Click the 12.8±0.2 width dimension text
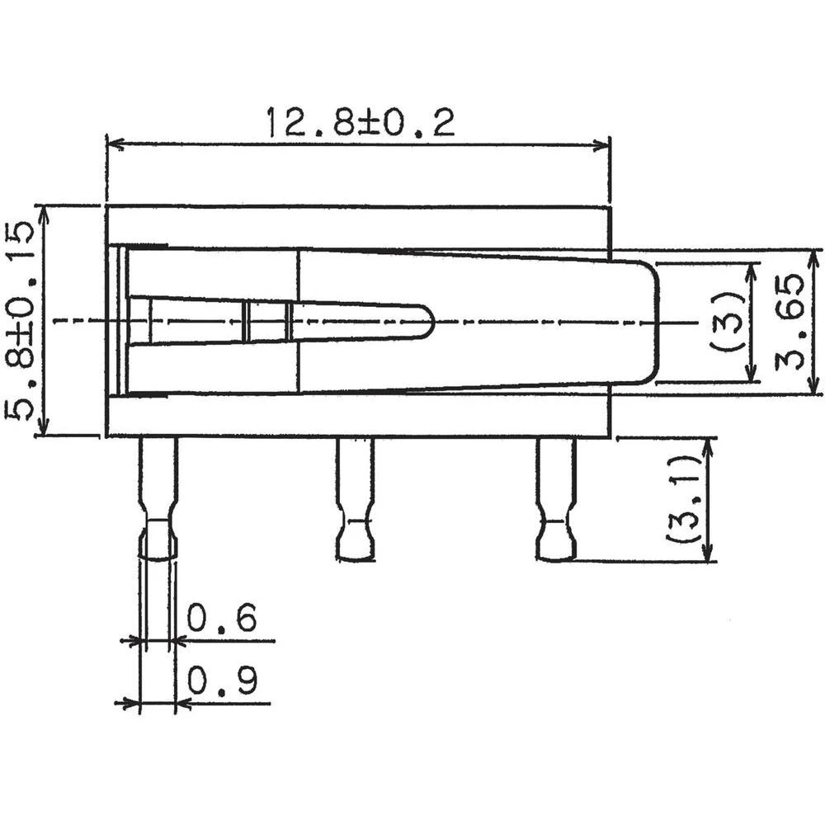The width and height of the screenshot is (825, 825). [x=360, y=122]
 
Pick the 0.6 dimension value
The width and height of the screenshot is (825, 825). [x=221, y=618]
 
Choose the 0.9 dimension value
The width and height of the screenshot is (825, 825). [x=221, y=681]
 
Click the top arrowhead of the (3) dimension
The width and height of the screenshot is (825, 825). [x=751, y=271]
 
